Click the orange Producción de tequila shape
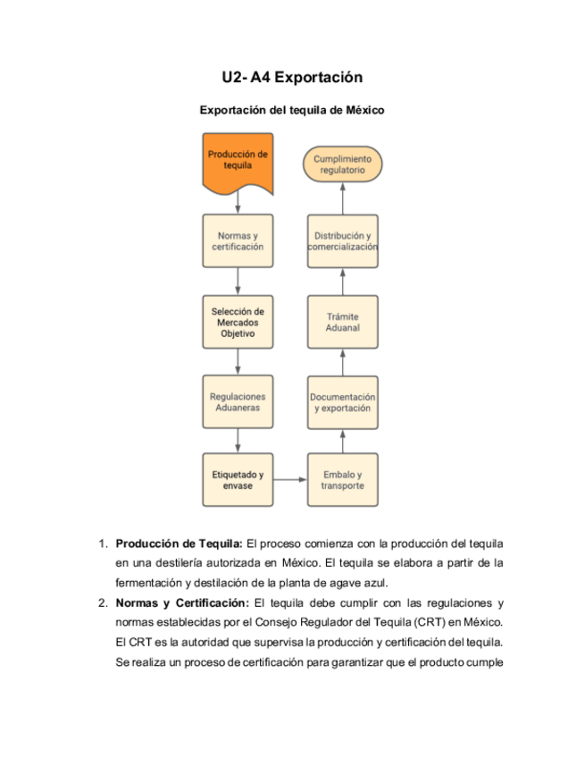pyautogui.click(x=238, y=162)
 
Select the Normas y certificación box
pyautogui.click(x=238, y=241)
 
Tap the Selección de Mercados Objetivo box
pyautogui.click(x=238, y=322)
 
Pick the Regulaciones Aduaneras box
pyautogui.click(x=238, y=401)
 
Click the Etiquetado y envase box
pyautogui.click(x=238, y=480)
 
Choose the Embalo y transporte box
pyautogui.click(x=343, y=480)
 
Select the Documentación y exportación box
pyautogui.click(x=343, y=401)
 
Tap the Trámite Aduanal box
pyautogui.click(x=343, y=322)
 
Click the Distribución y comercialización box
pyautogui.click(x=343, y=241)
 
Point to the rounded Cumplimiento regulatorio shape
pyautogui.click(x=343, y=164)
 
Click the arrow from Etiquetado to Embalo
pyautogui.click(x=290, y=480)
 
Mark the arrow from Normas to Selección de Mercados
pyautogui.click(x=238, y=282)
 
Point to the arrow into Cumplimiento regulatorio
pyautogui.click(x=343, y=198)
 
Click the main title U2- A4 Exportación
pyautogui.click(x=292, y=78)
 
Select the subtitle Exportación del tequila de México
pyautogui.click(x=291, y=111)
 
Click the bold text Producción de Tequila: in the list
pyautogui.click(x=179, y=543)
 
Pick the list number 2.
pyautogui.click(x=103, y=602)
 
